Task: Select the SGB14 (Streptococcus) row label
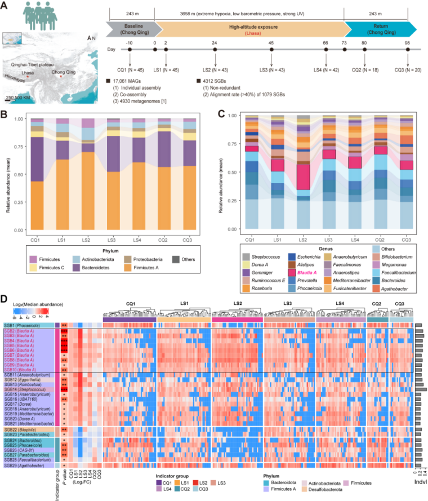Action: (x=26, y=389)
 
